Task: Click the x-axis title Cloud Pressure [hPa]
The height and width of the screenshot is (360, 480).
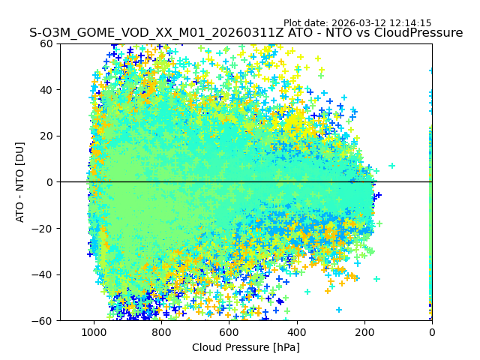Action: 246,347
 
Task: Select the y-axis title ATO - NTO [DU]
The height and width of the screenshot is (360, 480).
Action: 20,182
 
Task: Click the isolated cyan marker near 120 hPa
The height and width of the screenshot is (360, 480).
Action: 391,166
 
